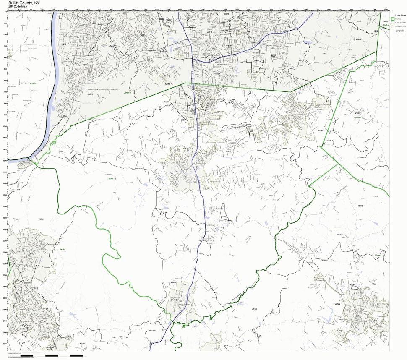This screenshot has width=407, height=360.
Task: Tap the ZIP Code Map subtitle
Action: (x=23, y=7)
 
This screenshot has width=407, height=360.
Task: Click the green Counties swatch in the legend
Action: (x=393, y=19)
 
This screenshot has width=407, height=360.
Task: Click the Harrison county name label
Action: (x=33, y=83)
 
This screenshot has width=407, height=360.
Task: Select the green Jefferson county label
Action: (x=128, y=92)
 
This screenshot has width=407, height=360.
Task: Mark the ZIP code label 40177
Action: (x=63, y=151)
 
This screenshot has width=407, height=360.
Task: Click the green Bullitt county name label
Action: (x=111, y=178)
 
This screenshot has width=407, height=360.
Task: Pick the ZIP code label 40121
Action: (x=41, y=219)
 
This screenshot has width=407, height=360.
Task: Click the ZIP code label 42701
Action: (x=82, y=343)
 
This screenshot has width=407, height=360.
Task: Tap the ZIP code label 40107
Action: (x=254, y=309)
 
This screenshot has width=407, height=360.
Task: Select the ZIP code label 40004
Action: (x=337, y=304)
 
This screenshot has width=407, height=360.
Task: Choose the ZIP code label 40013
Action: (x=360, y=206)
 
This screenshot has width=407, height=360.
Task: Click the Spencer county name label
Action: (x=358, y=117)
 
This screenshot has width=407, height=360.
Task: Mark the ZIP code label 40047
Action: (x=321, y=130)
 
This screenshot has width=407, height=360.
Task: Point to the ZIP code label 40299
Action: (x=358, y=39)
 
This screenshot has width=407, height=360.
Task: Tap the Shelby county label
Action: (x=385, y=24)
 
